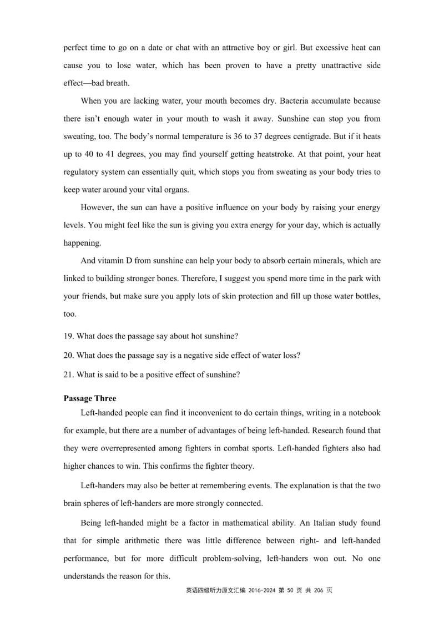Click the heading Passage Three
pos(90,398)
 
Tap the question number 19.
pos(68,336)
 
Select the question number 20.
pos(68,355)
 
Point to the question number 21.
pos(68,374)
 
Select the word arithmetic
pos(142,540)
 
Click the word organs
pos(176,190)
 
